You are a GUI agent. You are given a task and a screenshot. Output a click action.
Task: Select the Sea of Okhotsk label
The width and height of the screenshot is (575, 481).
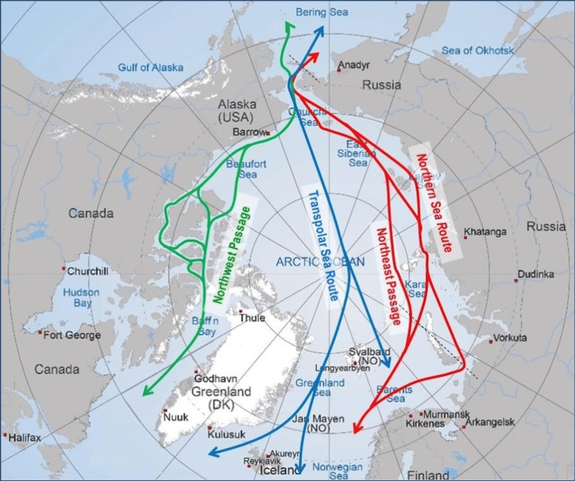(x=478, y=50)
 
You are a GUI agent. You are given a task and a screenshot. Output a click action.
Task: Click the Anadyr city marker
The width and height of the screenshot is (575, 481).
(x=339, y=69)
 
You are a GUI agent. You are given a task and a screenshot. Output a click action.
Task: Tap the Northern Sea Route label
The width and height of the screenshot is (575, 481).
(x=434, y=203)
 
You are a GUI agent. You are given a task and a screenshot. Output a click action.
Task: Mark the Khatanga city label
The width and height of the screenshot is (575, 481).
(x=486, y=232)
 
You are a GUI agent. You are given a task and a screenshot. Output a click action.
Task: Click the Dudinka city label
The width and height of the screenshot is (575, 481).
(x=536, y=274)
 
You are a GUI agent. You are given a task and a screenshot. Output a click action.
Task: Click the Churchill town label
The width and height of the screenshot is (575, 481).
(x=87, y=272)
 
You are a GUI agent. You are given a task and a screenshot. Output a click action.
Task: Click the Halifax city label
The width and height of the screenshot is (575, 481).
(x=25, y=438)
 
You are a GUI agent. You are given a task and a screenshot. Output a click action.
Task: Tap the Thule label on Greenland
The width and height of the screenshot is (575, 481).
(x=252, y=318)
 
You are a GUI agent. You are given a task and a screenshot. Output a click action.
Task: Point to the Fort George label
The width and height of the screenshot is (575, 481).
(x=72, y=335)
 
